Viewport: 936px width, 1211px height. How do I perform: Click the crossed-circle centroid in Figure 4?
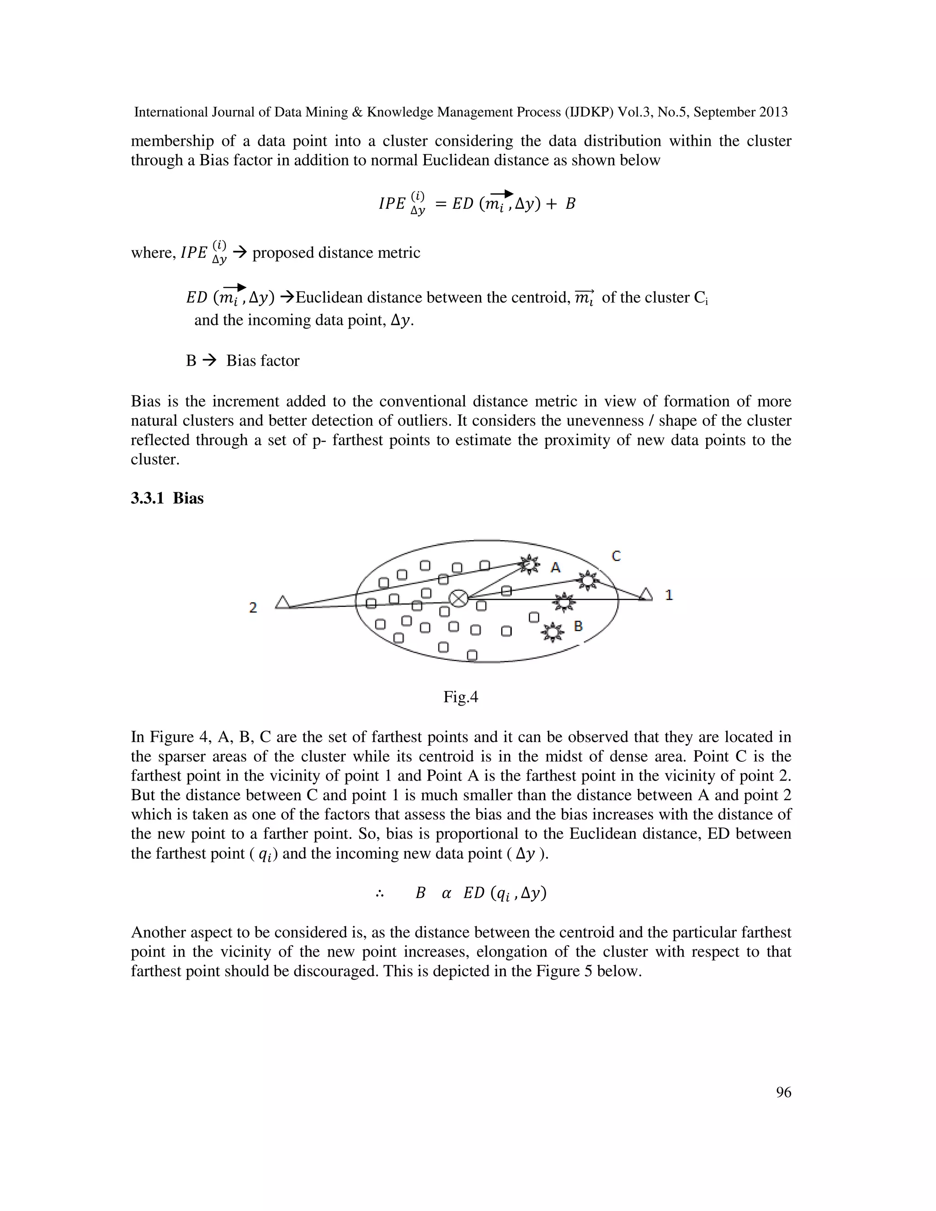click(x=458, y=598)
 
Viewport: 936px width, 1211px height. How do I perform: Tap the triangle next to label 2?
click(x=283, y=602)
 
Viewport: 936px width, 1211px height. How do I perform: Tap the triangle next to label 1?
click(x=645, y=595)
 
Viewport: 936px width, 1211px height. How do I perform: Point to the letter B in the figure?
click(x=578, y=626)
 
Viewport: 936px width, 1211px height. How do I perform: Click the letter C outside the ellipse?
click(x=616, y=556)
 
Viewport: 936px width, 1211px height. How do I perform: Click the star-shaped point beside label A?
click(x=530, y=564)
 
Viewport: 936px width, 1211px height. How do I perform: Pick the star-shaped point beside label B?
click(x=552, y=632)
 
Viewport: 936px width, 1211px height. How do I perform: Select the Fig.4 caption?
click(x=460, y=697)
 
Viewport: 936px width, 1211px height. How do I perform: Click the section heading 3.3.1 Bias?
click(x=167, y=498)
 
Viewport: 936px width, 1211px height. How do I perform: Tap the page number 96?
click(x=783, y=1092)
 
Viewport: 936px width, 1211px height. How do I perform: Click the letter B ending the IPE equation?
click(x=570, y=204)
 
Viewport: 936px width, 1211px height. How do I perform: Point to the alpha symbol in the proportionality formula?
click(x=447, y=893)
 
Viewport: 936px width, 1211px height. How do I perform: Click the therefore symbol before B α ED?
click(x=380, y=894)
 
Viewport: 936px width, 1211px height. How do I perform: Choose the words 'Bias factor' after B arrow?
click(x=262, y=361)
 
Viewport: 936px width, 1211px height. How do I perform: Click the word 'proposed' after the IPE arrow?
click(x=281, y=253)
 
